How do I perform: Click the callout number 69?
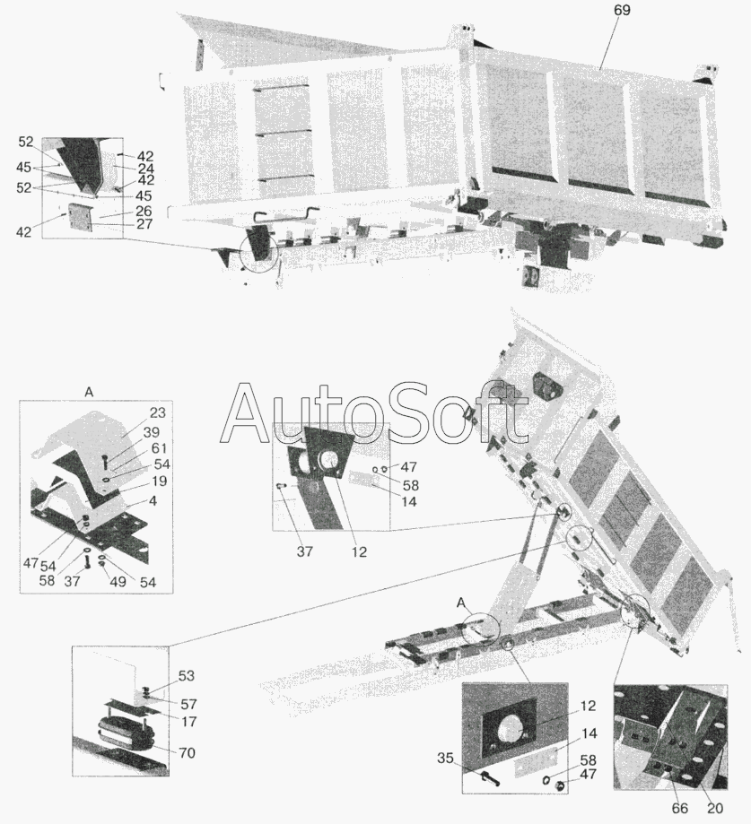pos(622,11)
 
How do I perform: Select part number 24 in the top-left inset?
pos(145,169)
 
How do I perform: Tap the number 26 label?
pos(144,212)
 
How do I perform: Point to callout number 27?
pos(144,224)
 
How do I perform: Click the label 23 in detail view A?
pos(157,413)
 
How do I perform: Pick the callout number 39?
pos(151,432)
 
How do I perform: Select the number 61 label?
pos(158,448)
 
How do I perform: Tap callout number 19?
pos(158,481)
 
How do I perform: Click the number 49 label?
pos(118,582)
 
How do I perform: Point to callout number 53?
pos(186,676)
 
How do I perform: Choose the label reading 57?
pos(188,704)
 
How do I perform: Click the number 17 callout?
pos(188,722)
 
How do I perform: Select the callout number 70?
pos(186,753)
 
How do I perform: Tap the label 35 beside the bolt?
pos(445,759)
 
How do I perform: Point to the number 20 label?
pos(715,808)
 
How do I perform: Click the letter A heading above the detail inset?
pos(90,392)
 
